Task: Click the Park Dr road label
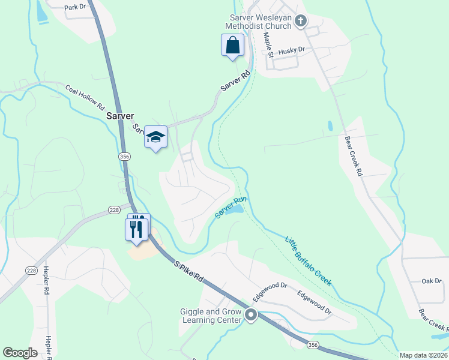tap(74, 6)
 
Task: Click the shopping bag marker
tap(232, 46)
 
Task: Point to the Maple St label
tap(268, 44)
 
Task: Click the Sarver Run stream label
tap(231, 208)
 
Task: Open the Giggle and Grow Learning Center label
tap(210, 316)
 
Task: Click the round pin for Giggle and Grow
tap(251, 314)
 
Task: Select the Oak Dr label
tap(431, 281)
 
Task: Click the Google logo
tap(20, 353)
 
